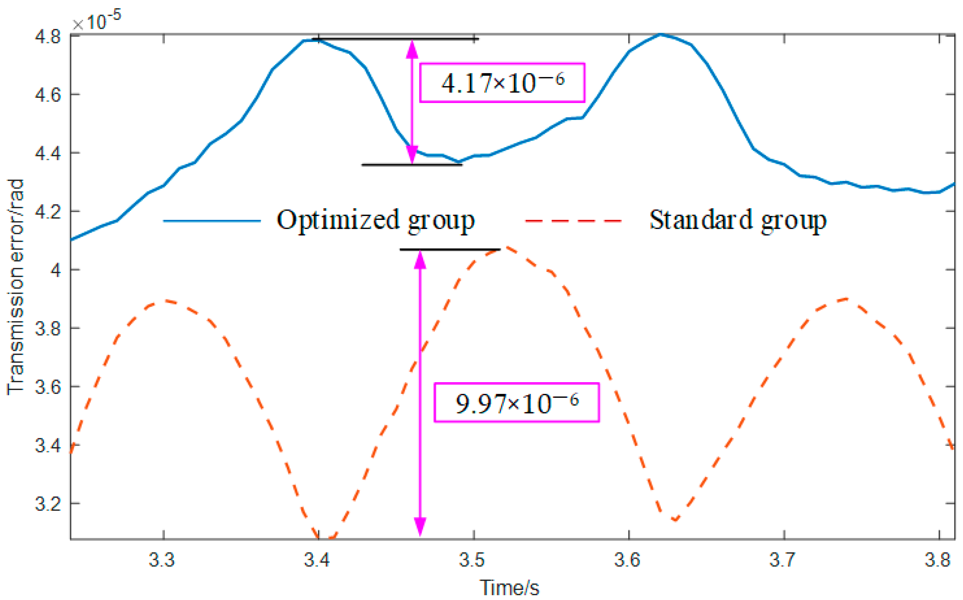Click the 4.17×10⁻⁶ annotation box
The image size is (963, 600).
tap(502, 82)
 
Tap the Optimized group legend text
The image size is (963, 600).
tap(375, 220)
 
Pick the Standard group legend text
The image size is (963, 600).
tap(738, 220)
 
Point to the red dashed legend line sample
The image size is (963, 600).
tap(573, 220)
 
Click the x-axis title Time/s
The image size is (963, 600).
tap(509, 588)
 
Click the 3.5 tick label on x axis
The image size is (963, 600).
tap(473, 560)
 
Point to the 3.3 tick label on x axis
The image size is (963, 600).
tap(162, 560)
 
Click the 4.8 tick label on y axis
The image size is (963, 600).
tap(48, 37)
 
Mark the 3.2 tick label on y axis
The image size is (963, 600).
tap(48, 504)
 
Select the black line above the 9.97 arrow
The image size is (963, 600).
tap(450, 250)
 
